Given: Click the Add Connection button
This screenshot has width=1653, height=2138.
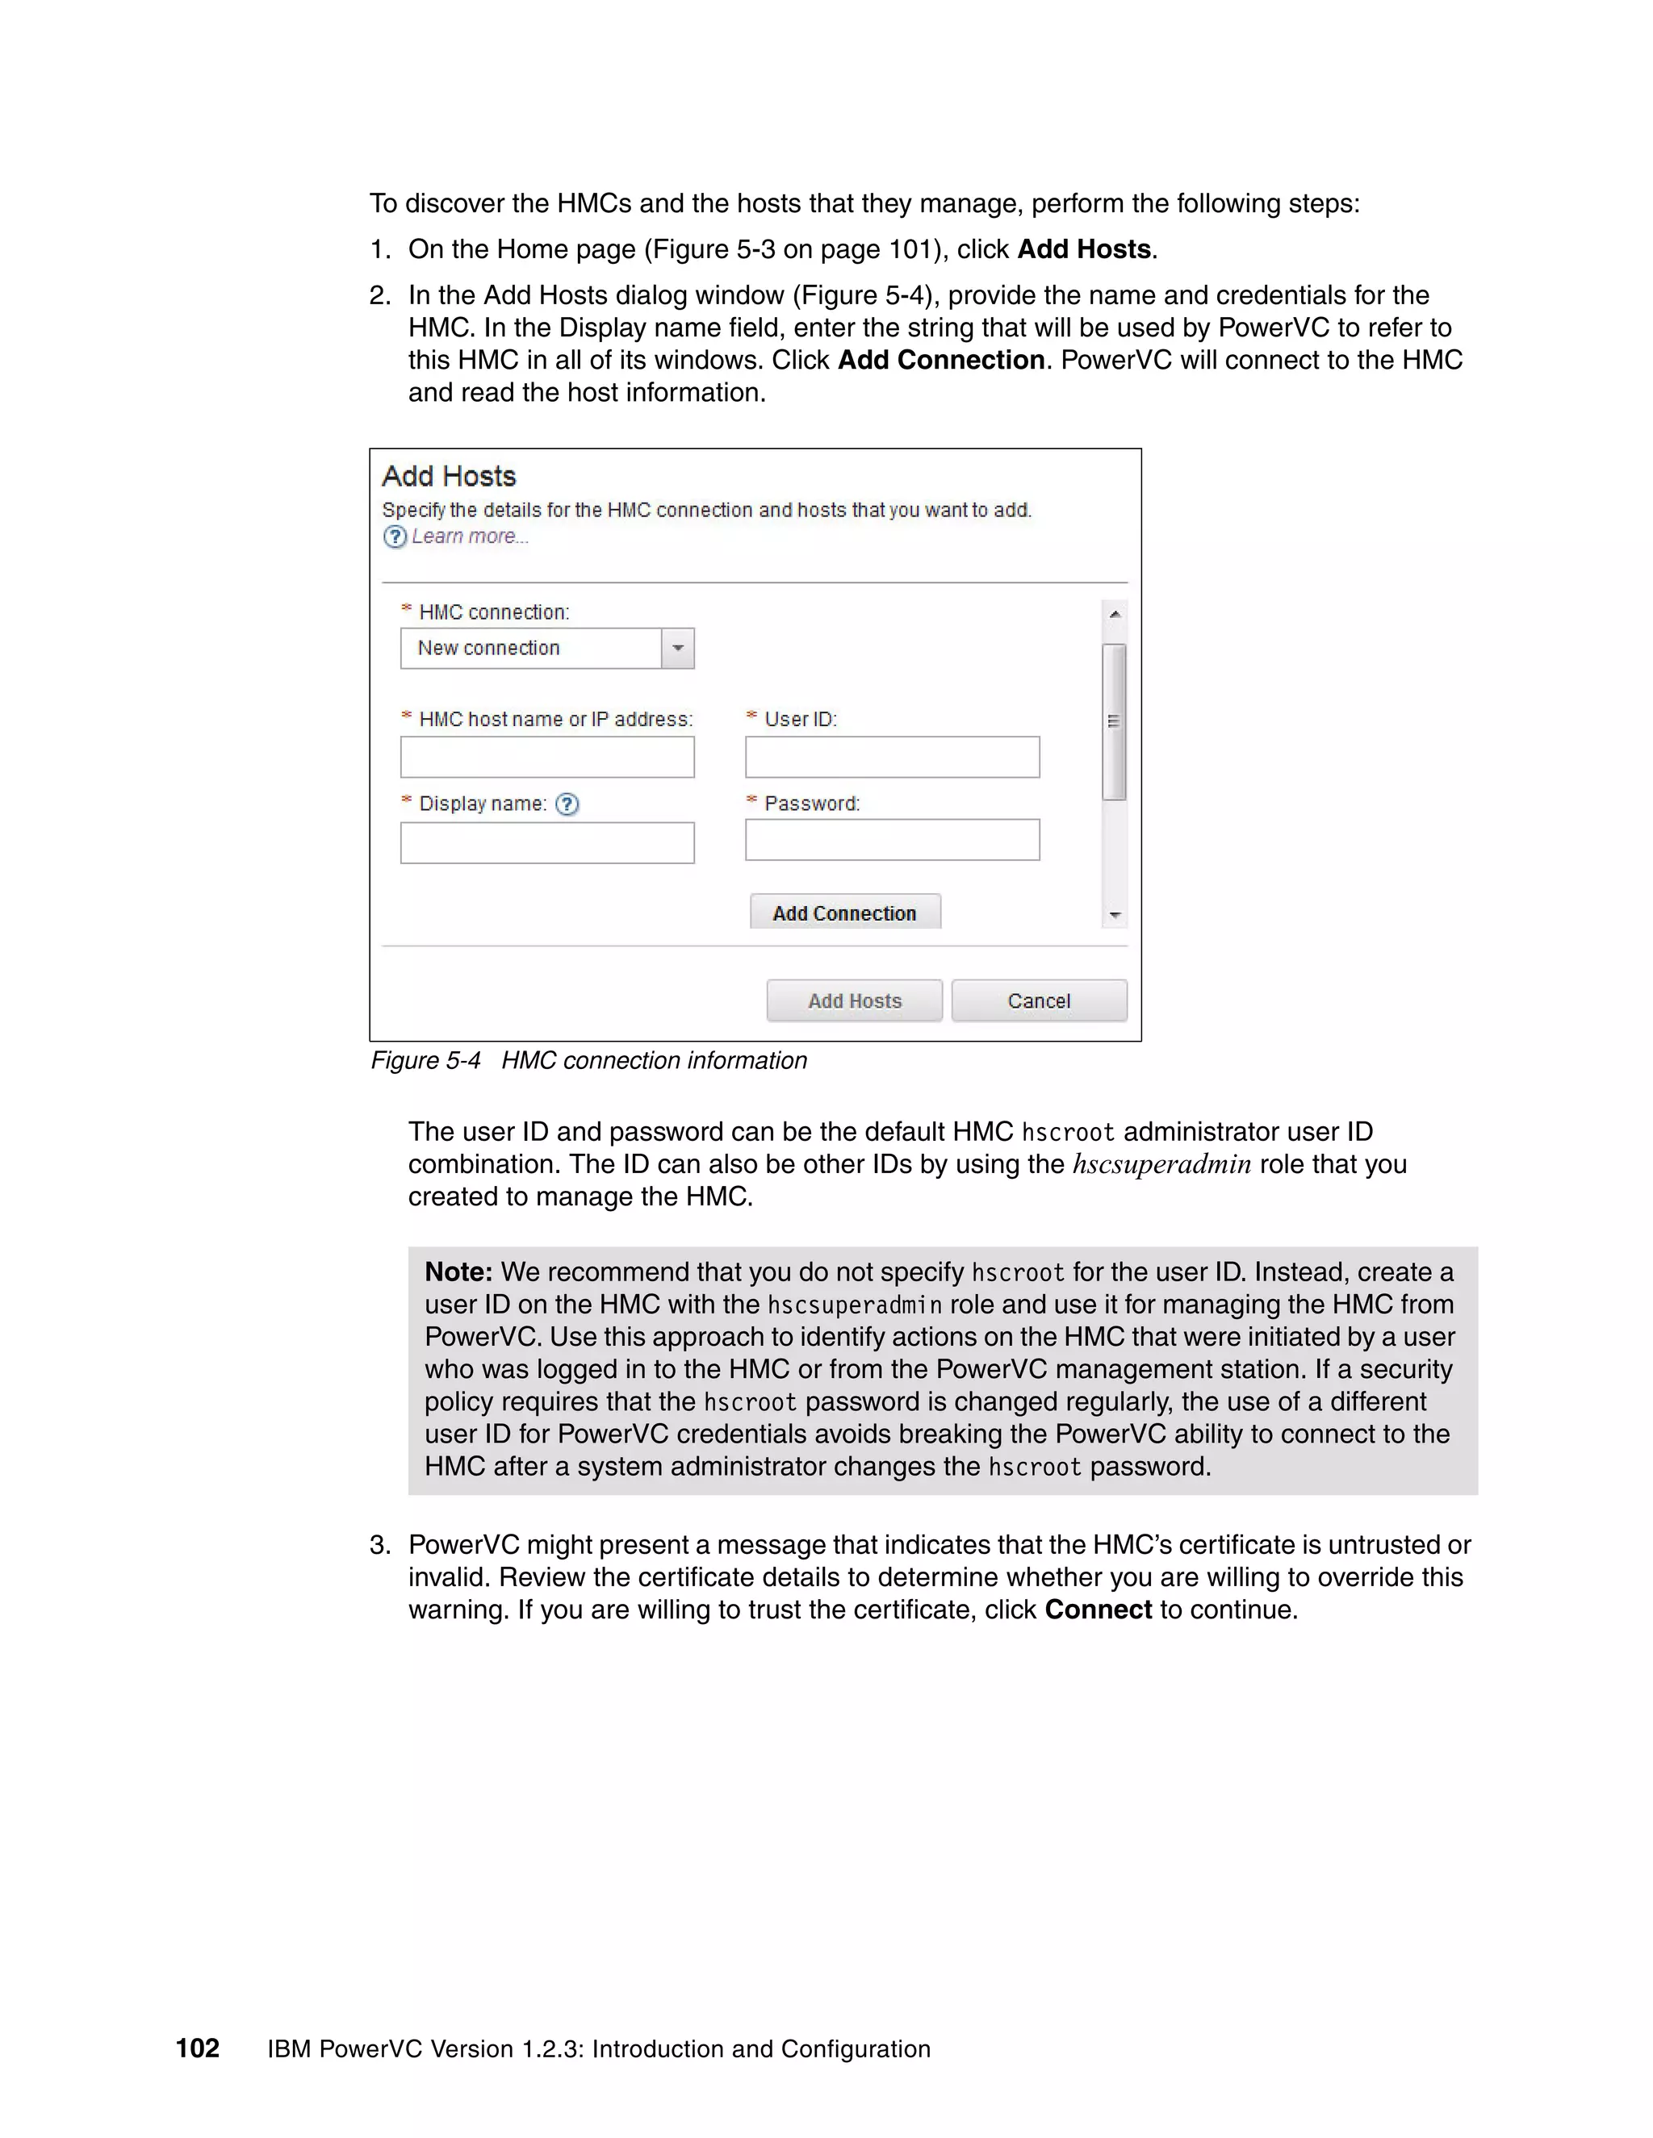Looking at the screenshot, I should click(844, 912).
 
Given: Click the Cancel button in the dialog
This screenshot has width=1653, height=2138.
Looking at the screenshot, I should click(1039, 1000).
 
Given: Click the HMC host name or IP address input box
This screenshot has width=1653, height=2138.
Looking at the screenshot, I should click(547, 757).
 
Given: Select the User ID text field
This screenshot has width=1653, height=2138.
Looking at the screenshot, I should click(892, 757).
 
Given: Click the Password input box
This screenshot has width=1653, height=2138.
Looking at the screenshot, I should click(892, 840).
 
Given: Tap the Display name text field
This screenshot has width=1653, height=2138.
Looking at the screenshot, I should click(547, 843).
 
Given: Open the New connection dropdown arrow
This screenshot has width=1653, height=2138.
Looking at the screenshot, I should click(678, 648).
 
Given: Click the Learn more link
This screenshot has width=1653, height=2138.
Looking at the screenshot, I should click(469, 537).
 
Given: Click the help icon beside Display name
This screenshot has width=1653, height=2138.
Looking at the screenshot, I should click(567, 804).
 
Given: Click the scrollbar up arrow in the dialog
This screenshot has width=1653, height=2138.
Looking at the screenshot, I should click(1115, 614).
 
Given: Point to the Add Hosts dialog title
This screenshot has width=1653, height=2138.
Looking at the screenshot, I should click(449, 477).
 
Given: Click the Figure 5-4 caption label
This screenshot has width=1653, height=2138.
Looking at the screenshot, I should click(426, 1060).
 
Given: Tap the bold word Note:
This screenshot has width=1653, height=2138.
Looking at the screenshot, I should click(458, 1272).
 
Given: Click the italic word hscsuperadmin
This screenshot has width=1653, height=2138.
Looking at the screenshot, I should click(1161, 1164).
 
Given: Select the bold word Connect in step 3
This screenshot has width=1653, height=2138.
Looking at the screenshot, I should click(1098, 1610).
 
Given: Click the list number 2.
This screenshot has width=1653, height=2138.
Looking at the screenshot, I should click(380, 294).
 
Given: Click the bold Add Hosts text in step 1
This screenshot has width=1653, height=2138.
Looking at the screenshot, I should click(1083, 248).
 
